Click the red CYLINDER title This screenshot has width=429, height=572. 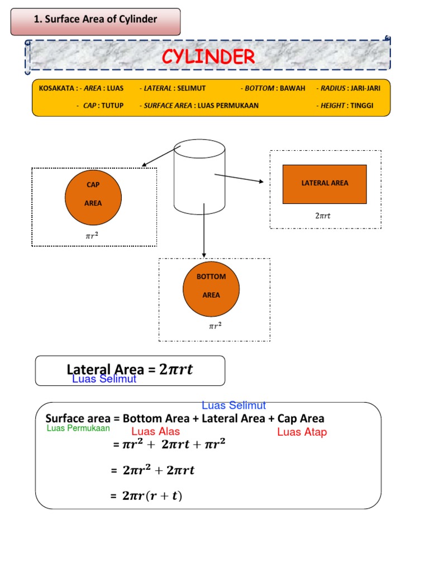tap(208, 56)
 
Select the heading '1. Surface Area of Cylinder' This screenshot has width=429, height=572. tap(96, 20)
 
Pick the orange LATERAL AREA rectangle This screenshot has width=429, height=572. tap(325, 184)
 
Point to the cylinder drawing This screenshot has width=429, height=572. tap(199, 176)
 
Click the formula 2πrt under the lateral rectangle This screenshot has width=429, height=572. tap(323, 216)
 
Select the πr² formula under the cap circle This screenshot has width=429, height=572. tap(92, 236)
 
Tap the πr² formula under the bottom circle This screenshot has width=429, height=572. tap(215, 327)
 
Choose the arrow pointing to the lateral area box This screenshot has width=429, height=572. tap(239, 178)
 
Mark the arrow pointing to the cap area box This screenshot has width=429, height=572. tap(160, 156)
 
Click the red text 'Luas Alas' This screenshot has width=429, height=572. tap(155, 432)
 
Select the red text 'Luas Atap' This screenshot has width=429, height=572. tap(302, 432)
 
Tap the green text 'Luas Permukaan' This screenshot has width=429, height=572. tap(78, 429)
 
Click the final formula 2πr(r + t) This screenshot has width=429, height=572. tap(152, 496)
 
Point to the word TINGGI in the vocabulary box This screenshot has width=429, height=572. tap(363, 106)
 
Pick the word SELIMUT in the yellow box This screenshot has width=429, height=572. tap(192, 88)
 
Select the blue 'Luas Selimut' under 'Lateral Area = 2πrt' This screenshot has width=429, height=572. tap(104, 379)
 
